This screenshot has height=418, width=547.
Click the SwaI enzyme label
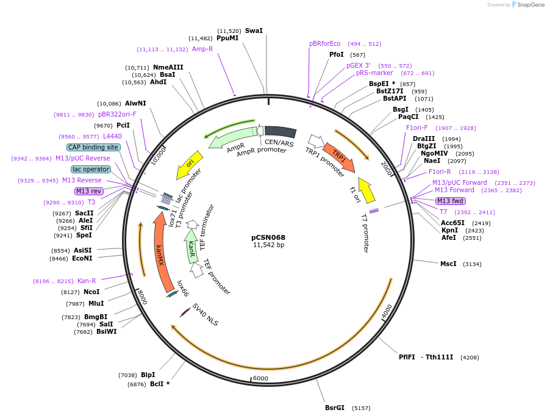[254, 31]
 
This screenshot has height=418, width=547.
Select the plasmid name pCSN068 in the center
[268, 237]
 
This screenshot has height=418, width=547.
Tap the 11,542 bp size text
[268, 245]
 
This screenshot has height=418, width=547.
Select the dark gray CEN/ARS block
[280, 132]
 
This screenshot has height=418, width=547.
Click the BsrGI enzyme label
[335, 408]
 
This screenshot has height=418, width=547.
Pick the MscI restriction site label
[448, 264]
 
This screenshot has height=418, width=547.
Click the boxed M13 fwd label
[451, 201]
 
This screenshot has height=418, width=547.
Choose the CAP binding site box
[93, 147]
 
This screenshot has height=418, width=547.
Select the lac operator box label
[91, 169]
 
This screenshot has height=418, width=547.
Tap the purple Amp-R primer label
[202, 49]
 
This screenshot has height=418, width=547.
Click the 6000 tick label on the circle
[260, 378]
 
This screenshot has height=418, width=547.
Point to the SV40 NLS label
[205, 315]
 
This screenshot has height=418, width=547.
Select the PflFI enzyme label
[407, 357]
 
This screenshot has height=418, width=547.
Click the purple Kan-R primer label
[87, 281]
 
